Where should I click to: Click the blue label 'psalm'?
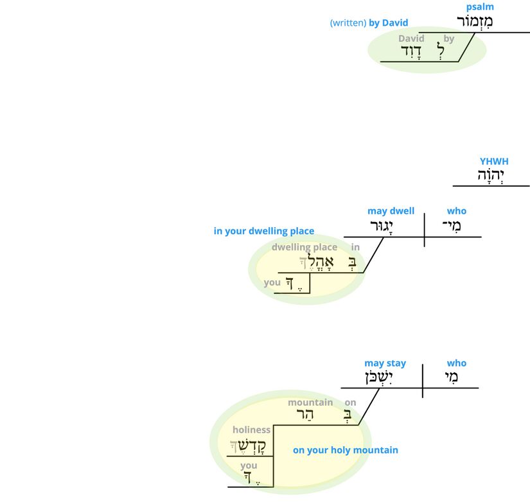(480, 7)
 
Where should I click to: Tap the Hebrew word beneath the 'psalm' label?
(475, 22)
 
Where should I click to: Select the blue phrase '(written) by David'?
(369, 23)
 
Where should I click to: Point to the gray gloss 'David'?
(411, 39)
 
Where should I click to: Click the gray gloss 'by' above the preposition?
(449, 39)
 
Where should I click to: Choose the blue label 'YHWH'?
(494, 162)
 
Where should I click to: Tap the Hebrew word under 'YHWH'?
(492, 176)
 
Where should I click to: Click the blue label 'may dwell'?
(391, 211)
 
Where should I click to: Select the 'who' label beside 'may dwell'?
(457, 211)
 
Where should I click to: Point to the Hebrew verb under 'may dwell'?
(381, 227)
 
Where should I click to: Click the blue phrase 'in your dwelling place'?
(264, 231)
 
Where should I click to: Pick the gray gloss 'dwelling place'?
(305, 247)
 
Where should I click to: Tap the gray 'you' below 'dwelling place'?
(272, 282)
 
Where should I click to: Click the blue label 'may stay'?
(385, 363)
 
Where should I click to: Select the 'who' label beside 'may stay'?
(457, 363)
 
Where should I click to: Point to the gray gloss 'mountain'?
(310, 402)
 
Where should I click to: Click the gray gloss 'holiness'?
(251, 429)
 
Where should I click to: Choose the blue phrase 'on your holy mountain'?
(346, 450)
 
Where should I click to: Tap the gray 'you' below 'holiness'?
(249, 466)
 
